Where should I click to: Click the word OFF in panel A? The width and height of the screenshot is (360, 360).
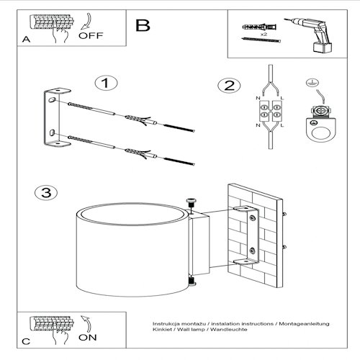(x=91, y=36)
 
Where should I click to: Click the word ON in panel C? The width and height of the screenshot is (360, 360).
(x=88, y=338)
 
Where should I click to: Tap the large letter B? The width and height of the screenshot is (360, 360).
(x=143, y=25)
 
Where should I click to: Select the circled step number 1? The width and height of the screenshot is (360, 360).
(x=106, y=83)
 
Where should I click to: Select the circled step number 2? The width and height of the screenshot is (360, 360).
(x=229, y=86)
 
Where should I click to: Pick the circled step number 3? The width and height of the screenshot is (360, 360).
(x=46, y=193)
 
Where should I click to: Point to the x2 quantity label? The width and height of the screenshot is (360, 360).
(x=264, y=35)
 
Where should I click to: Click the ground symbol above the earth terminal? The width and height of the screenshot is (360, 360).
(x=312, y=83)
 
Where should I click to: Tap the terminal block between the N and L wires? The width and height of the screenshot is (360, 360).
(x=271, y=111)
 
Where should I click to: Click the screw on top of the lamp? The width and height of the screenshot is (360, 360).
(x=191, y=204)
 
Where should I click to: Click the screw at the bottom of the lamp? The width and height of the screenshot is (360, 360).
(x=192, y=282)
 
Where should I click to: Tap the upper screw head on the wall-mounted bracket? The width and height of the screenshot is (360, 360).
(x=252, y=218)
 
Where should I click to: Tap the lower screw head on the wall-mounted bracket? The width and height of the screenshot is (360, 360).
(x=252, y=251)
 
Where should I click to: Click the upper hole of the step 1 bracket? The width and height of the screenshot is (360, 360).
(x=52, y=100)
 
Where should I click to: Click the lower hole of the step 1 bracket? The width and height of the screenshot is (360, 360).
(x=52, y=132)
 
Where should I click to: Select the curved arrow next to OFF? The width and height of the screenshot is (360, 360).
(x=87, y=22)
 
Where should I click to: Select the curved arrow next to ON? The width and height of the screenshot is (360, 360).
(x=87, y=324)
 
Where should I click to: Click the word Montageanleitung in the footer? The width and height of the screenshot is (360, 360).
(x=304, y=324)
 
